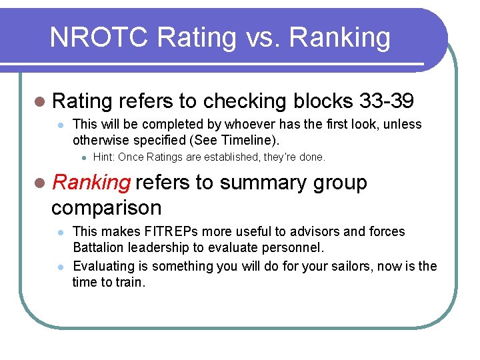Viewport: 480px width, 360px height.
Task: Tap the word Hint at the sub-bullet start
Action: pos(103,157)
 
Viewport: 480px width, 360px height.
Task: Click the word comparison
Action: pos(106,207)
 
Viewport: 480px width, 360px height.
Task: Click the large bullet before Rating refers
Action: pos(41,101)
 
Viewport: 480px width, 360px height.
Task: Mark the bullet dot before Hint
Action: pos(82,158)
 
